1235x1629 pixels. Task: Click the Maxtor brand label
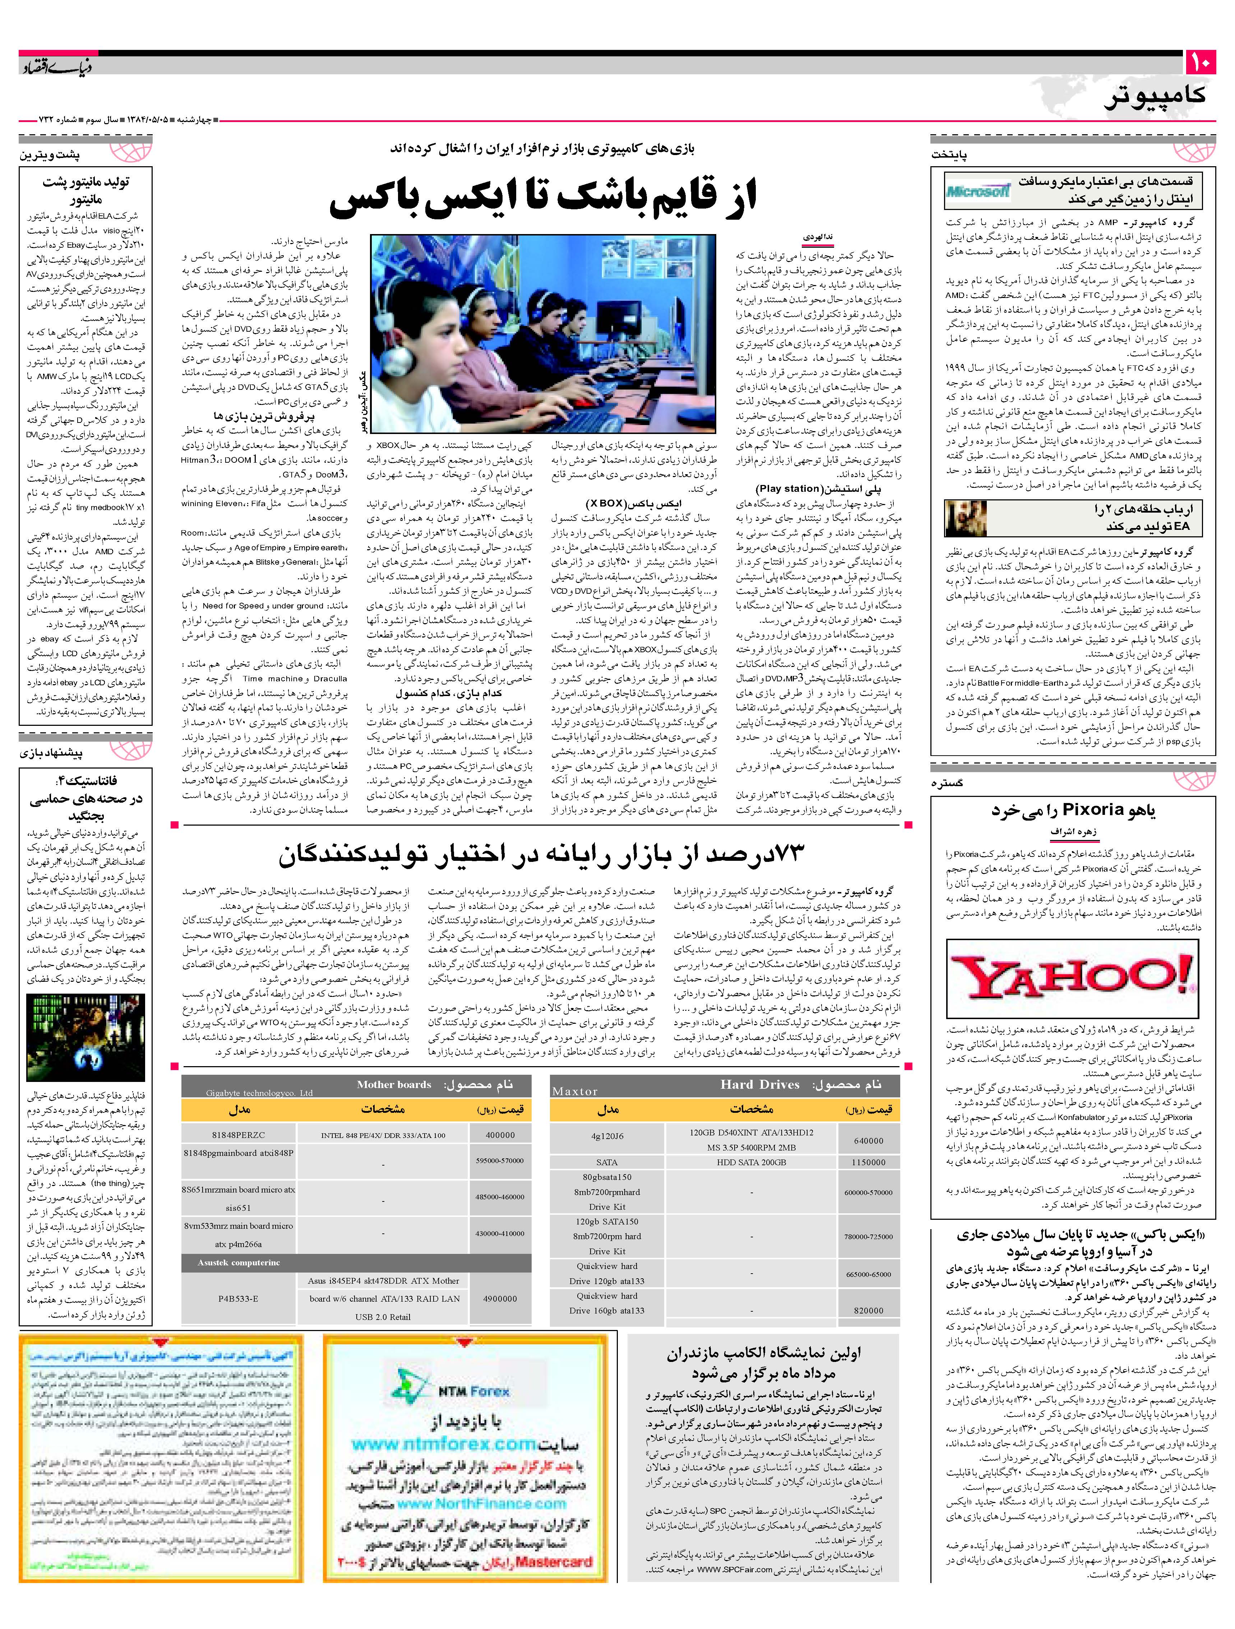pos(575,1091)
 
